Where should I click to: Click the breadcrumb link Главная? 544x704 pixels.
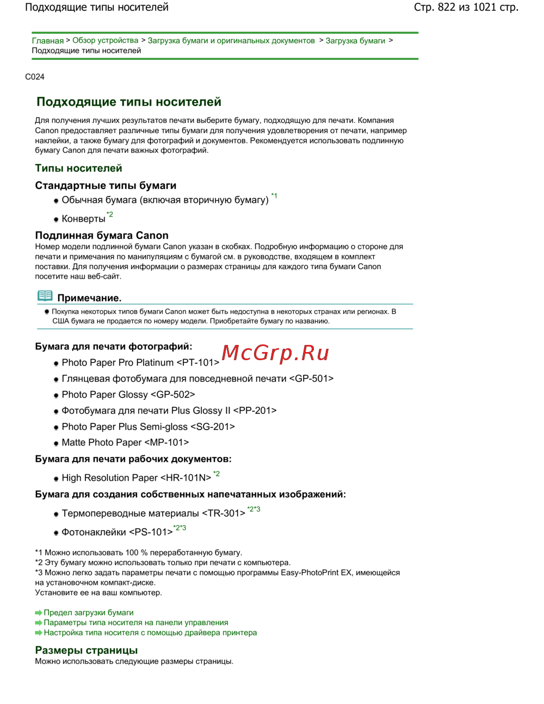tap(47, 41)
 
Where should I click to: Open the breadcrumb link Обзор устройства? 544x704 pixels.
tap(106, 41)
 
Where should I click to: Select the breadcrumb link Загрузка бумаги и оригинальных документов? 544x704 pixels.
tap(231, 41)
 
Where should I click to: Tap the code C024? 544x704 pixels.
tap(35, 77)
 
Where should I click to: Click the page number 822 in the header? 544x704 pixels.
tap(446, 7)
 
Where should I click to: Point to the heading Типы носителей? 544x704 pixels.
tap(78, 168)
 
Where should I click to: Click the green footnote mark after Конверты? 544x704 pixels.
tap(110, 214)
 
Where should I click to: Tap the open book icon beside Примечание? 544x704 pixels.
tap(45, 296)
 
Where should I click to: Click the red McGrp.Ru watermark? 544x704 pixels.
tap(275, 353)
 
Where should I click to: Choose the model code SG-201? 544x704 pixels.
tap(212, 427)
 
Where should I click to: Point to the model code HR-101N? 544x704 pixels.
tap(186, 478)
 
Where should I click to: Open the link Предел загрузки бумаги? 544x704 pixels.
tap(89, 613)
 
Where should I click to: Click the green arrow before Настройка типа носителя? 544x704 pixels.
tap(39, 633)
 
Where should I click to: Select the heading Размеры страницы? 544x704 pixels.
tap(86, 650)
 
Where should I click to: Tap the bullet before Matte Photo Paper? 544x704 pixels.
tap(56, 443)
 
